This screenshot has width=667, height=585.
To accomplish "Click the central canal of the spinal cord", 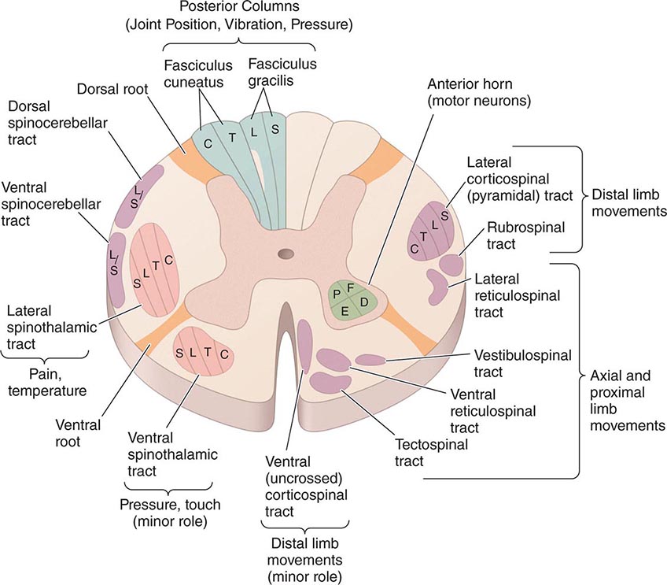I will [x=284, y=254].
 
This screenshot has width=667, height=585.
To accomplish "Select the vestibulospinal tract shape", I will [x=372, y=360].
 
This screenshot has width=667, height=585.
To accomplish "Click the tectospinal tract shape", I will [x=330, y=383].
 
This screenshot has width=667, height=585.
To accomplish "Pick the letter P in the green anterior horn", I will [x=337, y=294].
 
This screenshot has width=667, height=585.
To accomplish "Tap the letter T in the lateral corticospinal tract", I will [x=425, y=235].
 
